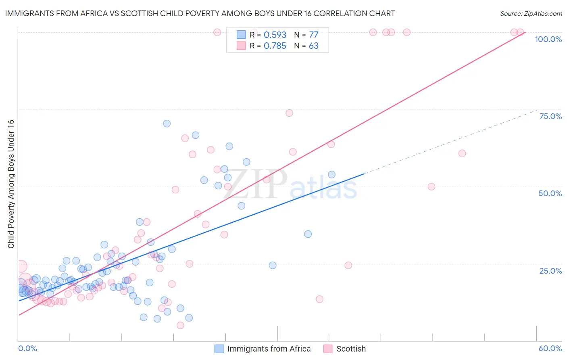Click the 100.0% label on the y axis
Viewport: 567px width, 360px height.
(548, 39)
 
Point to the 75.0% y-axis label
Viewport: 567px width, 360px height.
(550, 116)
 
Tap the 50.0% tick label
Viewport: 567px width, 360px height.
(550, 193)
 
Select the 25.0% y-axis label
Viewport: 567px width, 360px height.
(550, 270)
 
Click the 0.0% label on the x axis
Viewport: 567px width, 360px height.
(27, 348)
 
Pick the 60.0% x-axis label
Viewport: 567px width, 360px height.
(550, 348)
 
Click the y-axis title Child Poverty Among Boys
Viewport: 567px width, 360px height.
(11, 184)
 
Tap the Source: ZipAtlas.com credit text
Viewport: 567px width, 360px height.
(531, 13)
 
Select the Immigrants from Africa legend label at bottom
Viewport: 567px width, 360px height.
(269, 349)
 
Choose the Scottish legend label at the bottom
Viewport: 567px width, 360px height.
(351, 349)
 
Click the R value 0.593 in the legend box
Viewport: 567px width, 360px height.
(275, 35)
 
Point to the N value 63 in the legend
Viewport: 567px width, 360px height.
(313, 46)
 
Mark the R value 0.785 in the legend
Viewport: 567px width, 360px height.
(275, 46)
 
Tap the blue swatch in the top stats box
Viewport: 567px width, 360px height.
(241, 35)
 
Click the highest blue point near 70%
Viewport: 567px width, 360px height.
(167, 123)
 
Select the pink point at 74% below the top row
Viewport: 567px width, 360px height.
(289, 113)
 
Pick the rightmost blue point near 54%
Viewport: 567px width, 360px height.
(331, 174)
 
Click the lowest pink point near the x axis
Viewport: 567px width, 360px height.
(180, 325)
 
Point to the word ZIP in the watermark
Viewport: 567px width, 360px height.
(255, 184)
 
